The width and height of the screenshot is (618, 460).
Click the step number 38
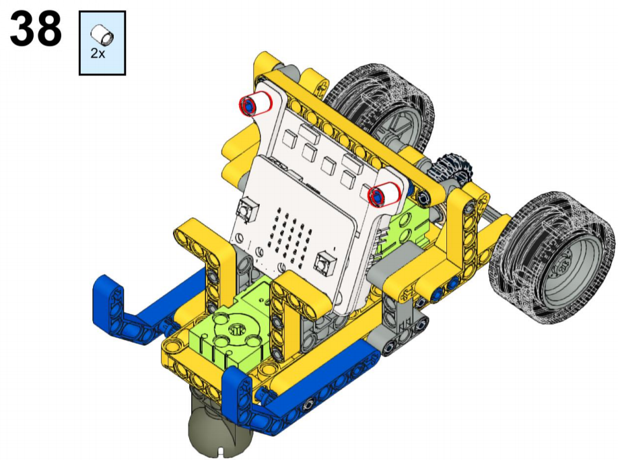pyautogui.click(x=36, y=28)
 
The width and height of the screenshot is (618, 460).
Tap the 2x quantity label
pyautogui.click(x=98, y=53)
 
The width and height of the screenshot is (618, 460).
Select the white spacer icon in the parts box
pyautogui.click(x=102, y=34)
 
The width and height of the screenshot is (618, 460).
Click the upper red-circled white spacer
pyautogui.click(x=256, y=104)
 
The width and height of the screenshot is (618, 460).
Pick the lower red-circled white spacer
pyautogui.click(x=384, y=194)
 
